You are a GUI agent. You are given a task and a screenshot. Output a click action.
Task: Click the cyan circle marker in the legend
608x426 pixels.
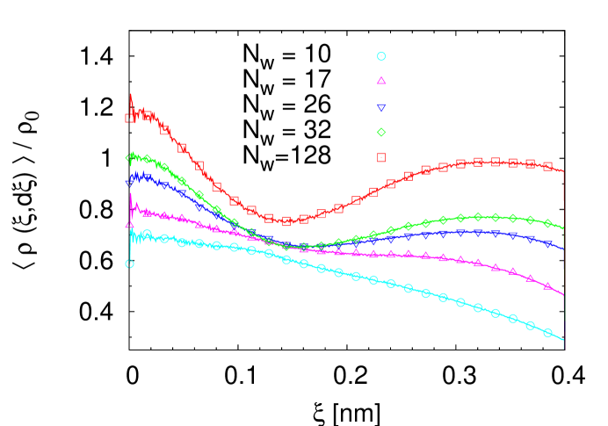pos(381,56)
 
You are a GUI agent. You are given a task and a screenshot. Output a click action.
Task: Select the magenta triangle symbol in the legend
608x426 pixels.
pos(381,81)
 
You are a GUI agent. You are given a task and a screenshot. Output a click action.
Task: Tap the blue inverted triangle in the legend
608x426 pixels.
pos(381,107)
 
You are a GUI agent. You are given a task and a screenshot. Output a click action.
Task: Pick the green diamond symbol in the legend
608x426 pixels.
pos(381,133)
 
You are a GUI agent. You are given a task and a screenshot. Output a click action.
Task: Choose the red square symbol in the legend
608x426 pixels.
pos(381,157)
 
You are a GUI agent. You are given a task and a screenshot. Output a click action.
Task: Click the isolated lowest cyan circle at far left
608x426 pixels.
pos(129,264)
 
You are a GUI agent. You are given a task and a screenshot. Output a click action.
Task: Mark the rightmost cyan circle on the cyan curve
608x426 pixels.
pos(547,332)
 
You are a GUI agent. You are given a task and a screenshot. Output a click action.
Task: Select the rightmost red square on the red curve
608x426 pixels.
pos(547,166)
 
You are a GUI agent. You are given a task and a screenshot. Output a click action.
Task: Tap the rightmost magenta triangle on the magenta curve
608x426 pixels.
pos(547,285)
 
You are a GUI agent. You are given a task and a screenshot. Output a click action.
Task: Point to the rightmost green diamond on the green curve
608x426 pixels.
pos(547,223)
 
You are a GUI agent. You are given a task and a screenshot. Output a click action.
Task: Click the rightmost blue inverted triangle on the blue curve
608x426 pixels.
pos(547,243)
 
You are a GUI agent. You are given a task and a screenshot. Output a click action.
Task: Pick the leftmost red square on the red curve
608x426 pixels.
pos(129,118)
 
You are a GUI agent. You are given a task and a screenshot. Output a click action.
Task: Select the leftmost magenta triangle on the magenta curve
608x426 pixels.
pos(129,225)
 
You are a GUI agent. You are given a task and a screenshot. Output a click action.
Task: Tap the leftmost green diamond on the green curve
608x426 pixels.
pos(129,159)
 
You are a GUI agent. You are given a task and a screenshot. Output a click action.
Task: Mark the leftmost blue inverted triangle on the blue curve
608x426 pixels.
pos(129,183)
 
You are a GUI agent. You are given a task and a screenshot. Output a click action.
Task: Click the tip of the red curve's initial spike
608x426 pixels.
pos(131,93)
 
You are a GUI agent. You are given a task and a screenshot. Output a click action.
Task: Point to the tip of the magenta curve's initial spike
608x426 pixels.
pos(131,194)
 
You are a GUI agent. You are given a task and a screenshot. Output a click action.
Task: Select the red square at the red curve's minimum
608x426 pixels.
pos(286,220)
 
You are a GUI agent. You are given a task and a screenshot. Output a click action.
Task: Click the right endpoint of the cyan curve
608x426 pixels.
pos(563,340)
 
